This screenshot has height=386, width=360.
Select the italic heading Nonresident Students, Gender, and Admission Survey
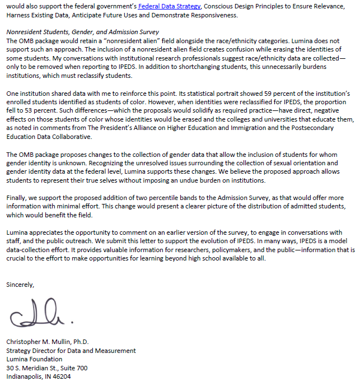(82, 32)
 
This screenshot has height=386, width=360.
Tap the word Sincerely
(20, 285)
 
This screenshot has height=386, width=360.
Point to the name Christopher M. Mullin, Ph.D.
(47, 342)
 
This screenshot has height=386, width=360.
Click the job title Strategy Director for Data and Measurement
(71, 351)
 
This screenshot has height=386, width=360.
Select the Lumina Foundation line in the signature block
(34, 359)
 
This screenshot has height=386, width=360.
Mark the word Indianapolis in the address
(25, 377)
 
